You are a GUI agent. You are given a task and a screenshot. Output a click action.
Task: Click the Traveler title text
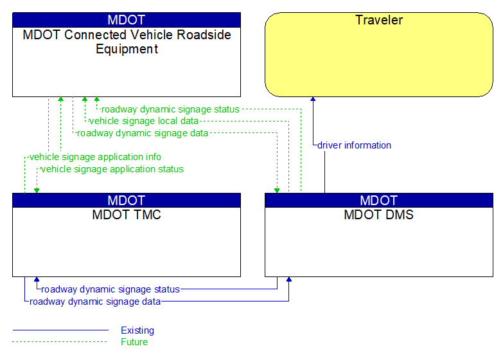coord(379,20)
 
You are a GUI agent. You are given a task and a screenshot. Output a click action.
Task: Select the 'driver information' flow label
coord(354,145)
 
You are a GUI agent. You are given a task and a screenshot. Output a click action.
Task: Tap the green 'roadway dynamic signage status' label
coord(170,109)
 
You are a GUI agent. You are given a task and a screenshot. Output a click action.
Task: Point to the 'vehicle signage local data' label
coord(144,121)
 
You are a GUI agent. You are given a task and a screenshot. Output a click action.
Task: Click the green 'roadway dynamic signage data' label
coord(142,133)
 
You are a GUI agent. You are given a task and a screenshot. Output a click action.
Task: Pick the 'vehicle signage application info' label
coord(95,157)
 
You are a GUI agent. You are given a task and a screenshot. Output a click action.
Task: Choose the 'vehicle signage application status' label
coord(112,169)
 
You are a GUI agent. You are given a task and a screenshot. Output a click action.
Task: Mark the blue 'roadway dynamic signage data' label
coord(95,301)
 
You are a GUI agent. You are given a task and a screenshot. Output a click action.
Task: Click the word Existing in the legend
coord(137,330)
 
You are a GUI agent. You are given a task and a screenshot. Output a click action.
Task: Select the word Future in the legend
coord(134,342)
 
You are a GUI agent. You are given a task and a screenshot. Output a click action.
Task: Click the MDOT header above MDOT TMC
coord(127,200)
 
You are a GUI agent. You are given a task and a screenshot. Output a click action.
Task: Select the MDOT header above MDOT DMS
coord(379,200)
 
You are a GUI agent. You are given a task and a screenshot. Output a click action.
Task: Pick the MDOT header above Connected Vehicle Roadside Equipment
coord(127,20)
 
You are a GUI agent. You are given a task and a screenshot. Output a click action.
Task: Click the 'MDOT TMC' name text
coord(127,215)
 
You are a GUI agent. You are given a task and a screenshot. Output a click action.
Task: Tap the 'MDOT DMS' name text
coord(379,215)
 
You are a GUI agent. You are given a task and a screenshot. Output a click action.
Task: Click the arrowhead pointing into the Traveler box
coord(313,100)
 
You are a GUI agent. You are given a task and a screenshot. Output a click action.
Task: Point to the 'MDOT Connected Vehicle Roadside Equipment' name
coord(127,42)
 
